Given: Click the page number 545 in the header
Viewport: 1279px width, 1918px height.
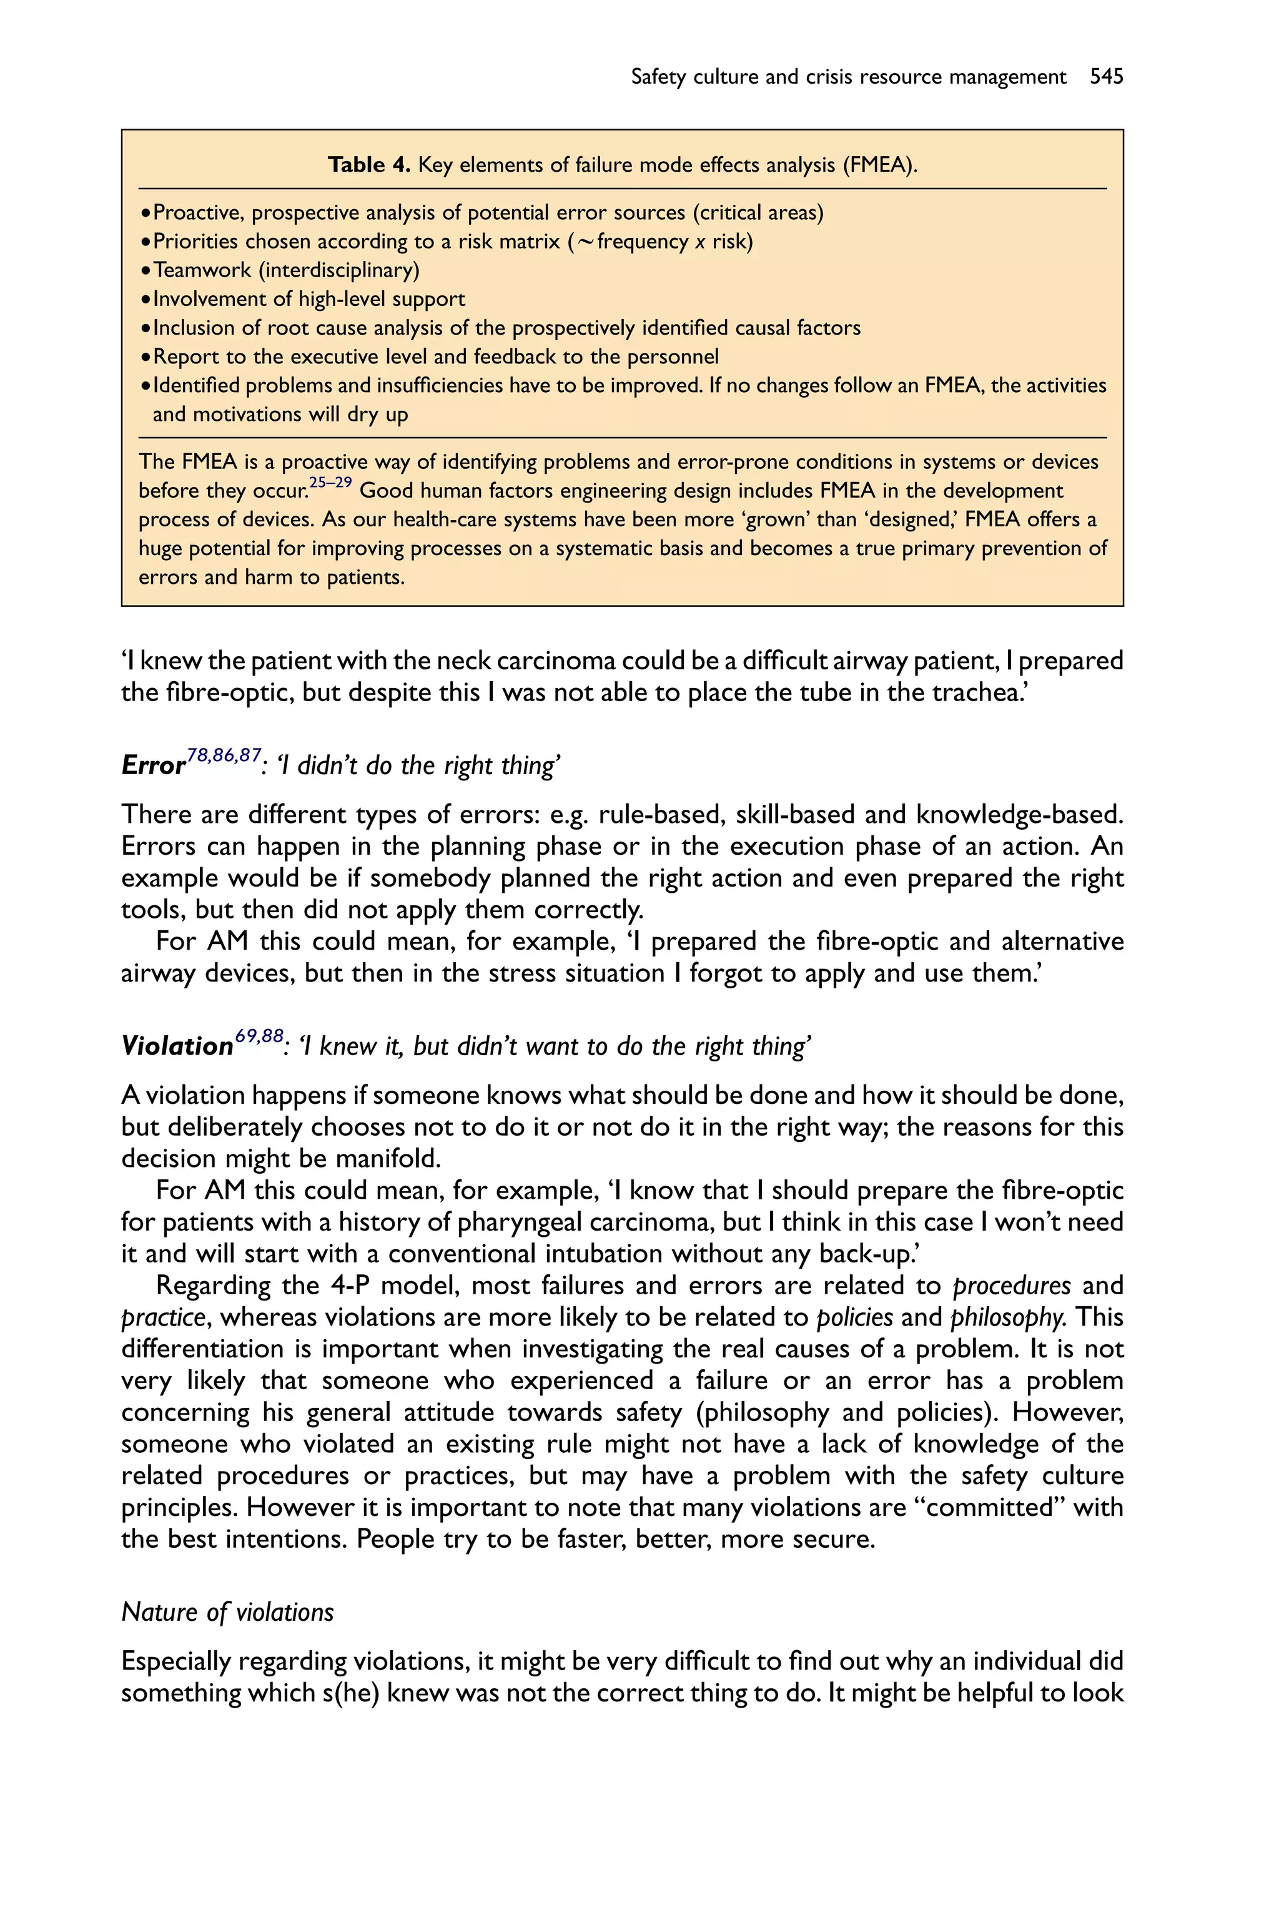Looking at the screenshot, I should click(1106, 77).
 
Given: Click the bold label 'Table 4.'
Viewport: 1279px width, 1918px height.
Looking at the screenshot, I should click(368, 165).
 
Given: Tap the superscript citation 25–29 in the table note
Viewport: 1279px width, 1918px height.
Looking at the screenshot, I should click(330, 482).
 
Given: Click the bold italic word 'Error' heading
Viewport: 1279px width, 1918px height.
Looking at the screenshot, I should click(154, 765).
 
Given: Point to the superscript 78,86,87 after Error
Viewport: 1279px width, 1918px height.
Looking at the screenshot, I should click(224, 755).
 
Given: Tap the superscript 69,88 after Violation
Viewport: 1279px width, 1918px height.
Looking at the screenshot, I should click(259, 1036).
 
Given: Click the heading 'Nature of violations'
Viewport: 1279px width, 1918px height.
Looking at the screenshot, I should click(227, 1612).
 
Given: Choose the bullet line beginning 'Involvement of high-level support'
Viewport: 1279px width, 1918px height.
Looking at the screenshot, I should click(309, 299).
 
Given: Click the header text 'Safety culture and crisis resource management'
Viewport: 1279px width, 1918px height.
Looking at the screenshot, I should click(848, 77).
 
